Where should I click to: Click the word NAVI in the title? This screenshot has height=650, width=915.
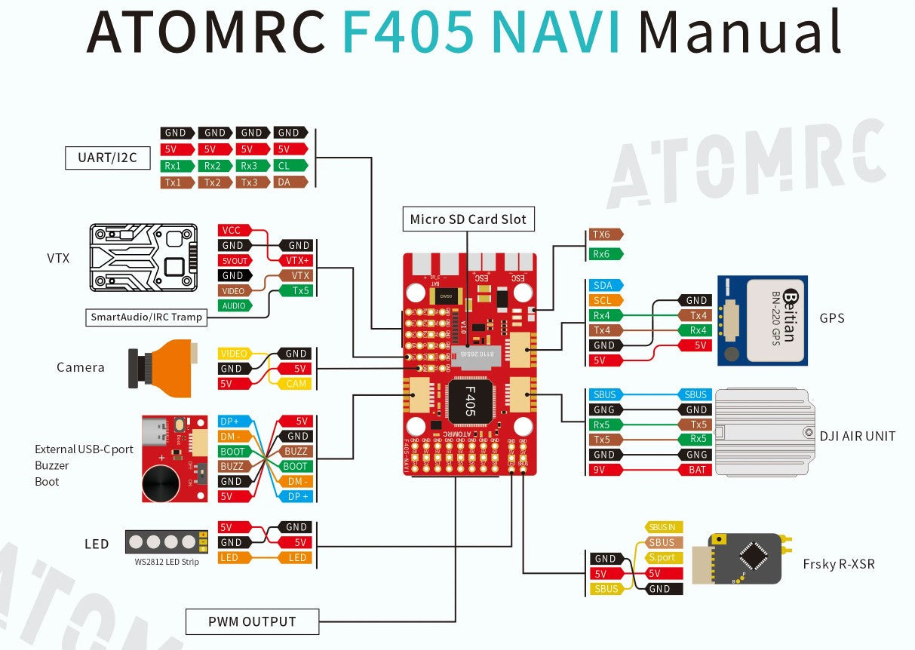pyautogui.click(x=554, y=32)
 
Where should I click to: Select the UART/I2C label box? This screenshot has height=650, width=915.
pyautogui.click(x=107, y=158)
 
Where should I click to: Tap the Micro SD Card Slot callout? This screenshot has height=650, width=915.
pyautogui.click(x=468, y=219)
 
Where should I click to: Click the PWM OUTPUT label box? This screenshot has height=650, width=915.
pyautogui.click(x=252, y=621)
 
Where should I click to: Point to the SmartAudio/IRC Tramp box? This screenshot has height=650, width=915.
pyautogui.click(x=146, y=317)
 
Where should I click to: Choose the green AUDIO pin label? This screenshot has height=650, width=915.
pyautogui.click(x=235, y=306)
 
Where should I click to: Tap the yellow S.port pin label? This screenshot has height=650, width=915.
pyautogui.click(x=662, y=557)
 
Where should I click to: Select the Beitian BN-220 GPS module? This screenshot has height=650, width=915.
pyautogui.click(x=762, y=320)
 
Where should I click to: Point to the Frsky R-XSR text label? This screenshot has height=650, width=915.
pyautogui.click(x=839, y=564)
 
